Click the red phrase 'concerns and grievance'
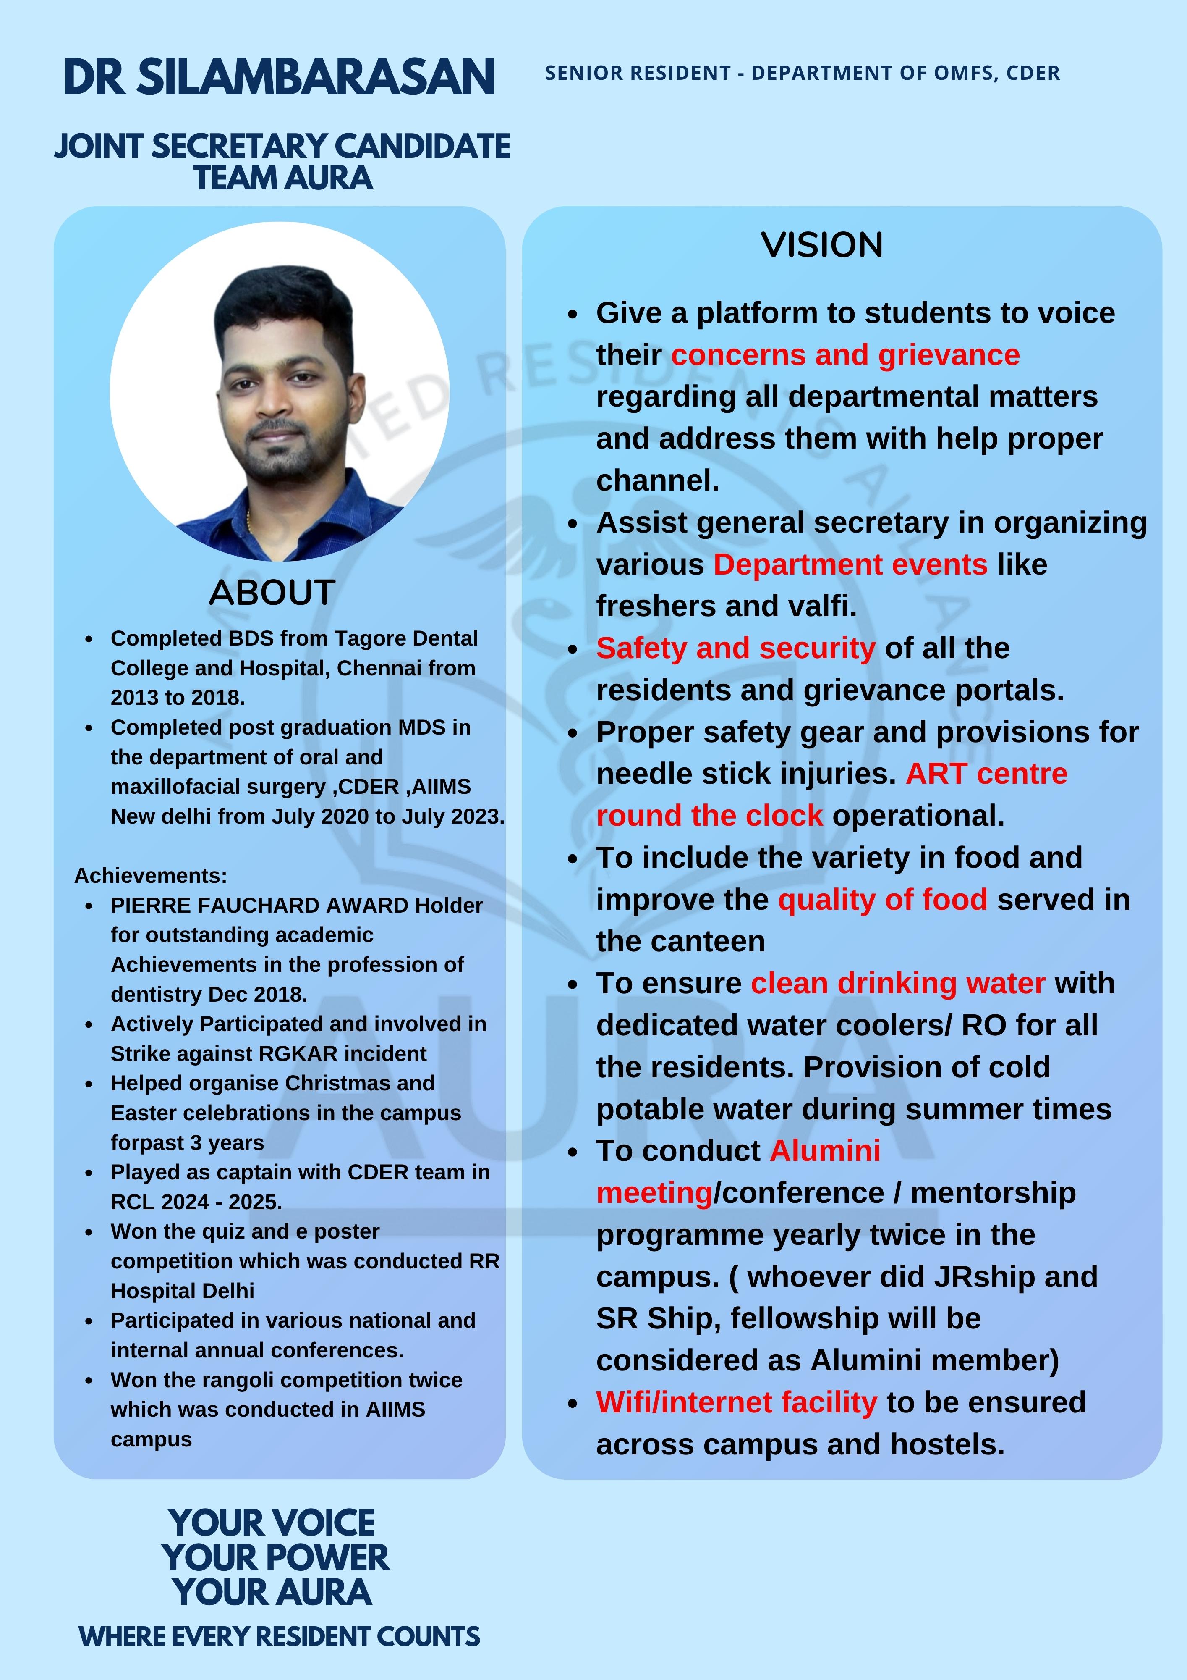[845, 355]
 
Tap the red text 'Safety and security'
[735, 648]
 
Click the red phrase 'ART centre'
[986, 773]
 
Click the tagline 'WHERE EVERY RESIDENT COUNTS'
[280, 1636]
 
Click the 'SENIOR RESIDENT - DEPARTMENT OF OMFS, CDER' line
[802, 73]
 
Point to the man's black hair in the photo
[282, 300]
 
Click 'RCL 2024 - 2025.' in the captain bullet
[196, 1202]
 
